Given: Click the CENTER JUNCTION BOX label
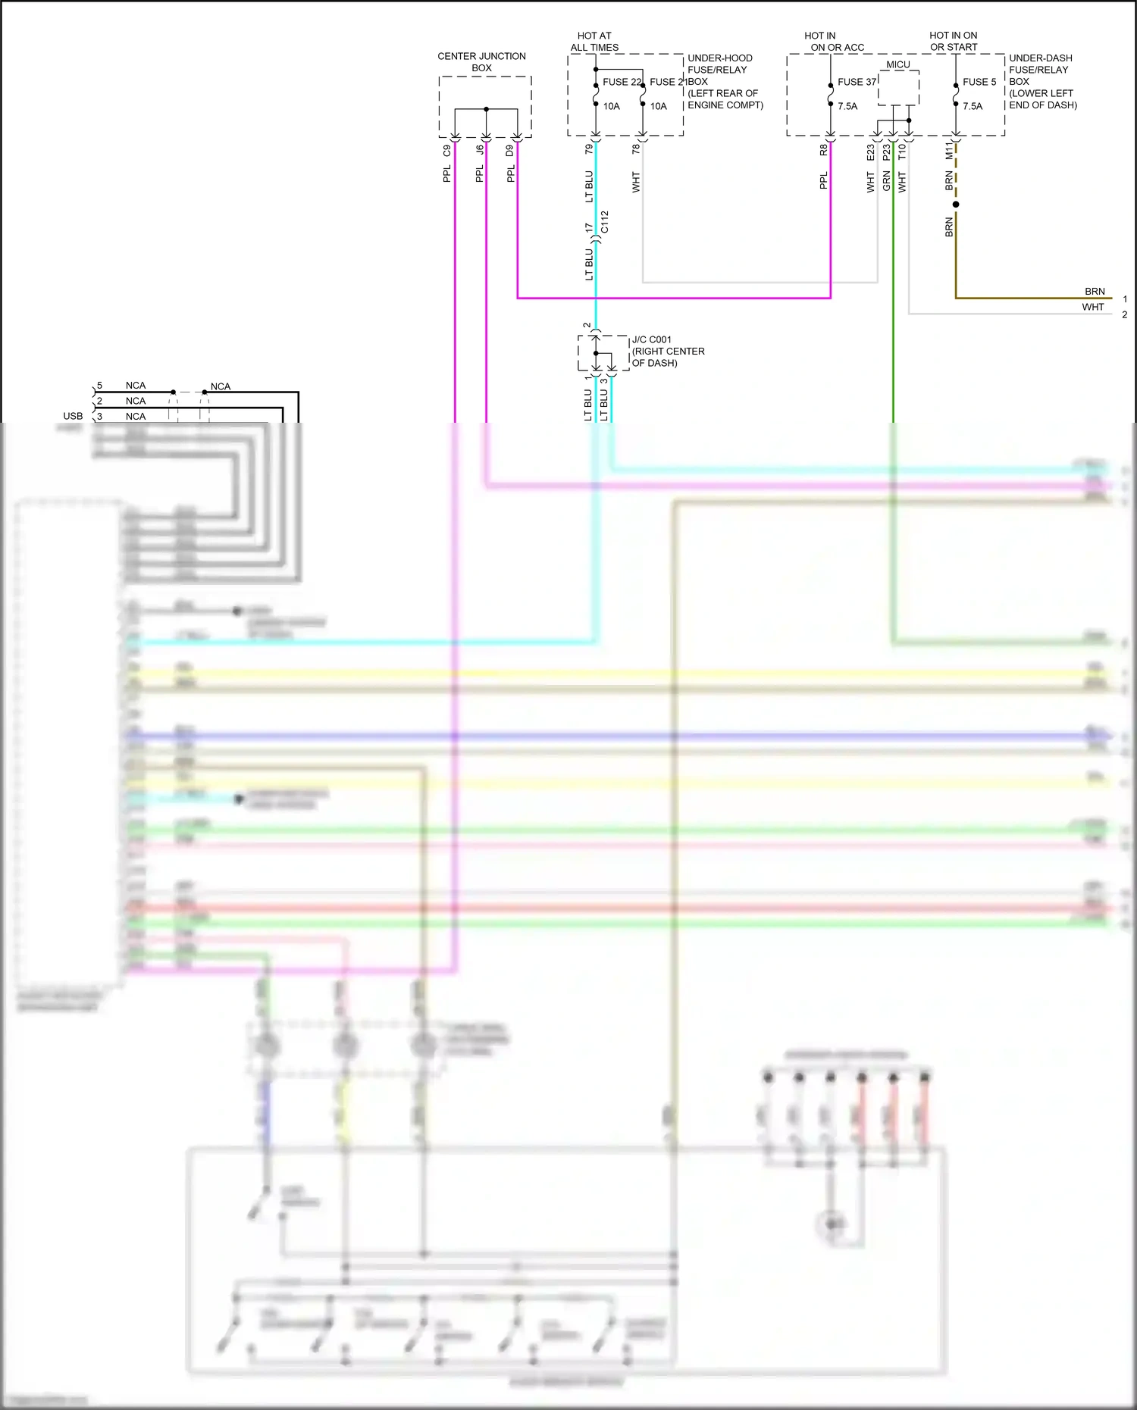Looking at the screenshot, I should coord(481,62).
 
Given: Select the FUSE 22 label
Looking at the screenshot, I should coord(622,82).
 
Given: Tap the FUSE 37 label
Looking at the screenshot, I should coord(857,82).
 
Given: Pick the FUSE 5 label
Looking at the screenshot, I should coord(979,82).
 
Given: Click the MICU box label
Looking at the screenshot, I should coord(898,65).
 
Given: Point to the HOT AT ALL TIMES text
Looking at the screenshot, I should coord(594,42).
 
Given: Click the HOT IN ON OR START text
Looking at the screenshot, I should coord(954,42).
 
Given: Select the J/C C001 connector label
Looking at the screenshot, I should coord(652,340).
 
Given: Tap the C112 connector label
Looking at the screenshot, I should coord(604,222).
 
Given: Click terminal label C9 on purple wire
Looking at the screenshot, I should coord(447,152).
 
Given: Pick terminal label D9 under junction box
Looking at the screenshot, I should coord(510,152).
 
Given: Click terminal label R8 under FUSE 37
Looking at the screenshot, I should coord(823,151).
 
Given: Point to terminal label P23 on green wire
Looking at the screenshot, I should coord(886,152).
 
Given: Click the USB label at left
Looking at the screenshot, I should coord(73,416).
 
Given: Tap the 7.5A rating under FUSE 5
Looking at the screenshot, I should coord(973,107).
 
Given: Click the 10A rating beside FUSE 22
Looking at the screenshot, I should coord(612,107).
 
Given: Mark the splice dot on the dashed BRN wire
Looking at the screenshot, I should coord(956,205).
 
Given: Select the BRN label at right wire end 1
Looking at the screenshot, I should coord(1095,292).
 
